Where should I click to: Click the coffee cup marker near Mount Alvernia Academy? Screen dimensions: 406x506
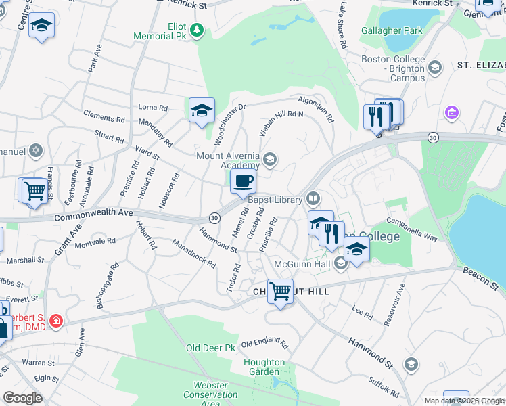(x=243, y=181)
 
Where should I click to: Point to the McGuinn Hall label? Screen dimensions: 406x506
(x=301, y=263)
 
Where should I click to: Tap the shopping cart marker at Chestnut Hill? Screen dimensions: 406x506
(x=280, y=292)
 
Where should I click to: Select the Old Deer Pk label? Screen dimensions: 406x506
(x=210, y=348)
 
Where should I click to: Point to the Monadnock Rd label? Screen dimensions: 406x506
(x=193, y=254)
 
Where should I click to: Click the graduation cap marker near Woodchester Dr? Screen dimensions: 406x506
(x=202, y=110)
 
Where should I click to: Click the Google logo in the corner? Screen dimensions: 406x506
(x=22, y=397)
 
